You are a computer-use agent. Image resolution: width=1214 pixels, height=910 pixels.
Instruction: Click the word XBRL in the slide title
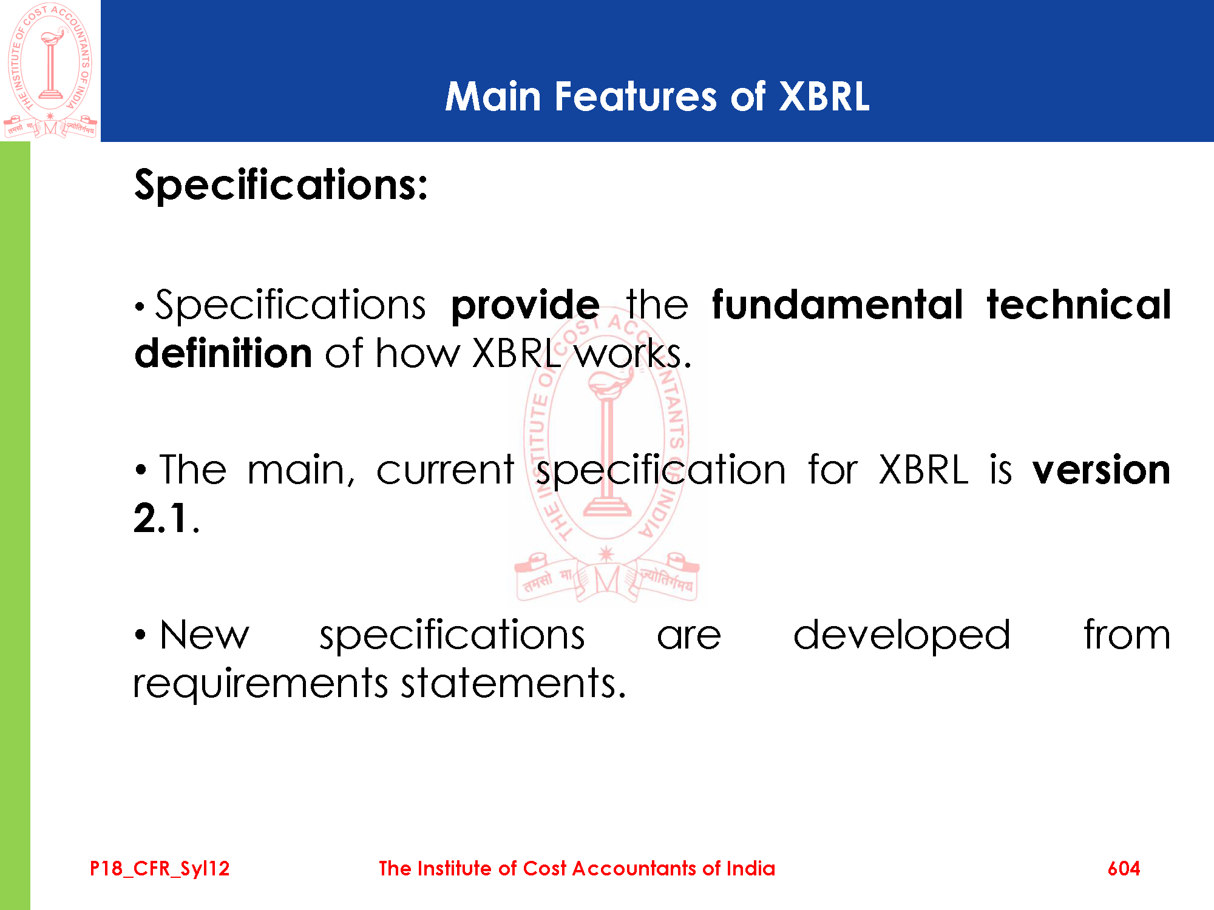(824, 96)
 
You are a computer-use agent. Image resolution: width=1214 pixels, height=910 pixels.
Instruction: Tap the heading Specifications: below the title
(281, 185)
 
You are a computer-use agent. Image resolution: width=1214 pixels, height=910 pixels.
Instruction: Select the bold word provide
(526, 306)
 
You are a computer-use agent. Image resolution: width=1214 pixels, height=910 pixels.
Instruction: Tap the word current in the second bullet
(446, 470)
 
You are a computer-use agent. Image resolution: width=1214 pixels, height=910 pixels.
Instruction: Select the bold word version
(1102, 470)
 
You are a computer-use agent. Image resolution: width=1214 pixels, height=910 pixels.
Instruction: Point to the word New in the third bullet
(205, 635)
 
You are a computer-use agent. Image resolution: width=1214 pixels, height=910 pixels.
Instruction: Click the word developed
(902, 636)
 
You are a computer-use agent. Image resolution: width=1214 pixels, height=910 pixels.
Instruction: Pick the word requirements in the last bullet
(260, 685)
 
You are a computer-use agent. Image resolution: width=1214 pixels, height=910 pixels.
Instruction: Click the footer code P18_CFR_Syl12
(160, 869)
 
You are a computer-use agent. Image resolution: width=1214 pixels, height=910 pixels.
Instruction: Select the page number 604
(1124, 869)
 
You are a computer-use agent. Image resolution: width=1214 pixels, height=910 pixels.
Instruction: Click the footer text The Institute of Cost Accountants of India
(577, 868)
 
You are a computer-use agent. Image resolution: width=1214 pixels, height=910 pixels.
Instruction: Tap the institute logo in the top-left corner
(50, 70)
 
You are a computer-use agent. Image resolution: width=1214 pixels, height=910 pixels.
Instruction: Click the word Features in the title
(636, 96)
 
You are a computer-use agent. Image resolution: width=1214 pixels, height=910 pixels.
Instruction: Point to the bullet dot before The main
(141, 470)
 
